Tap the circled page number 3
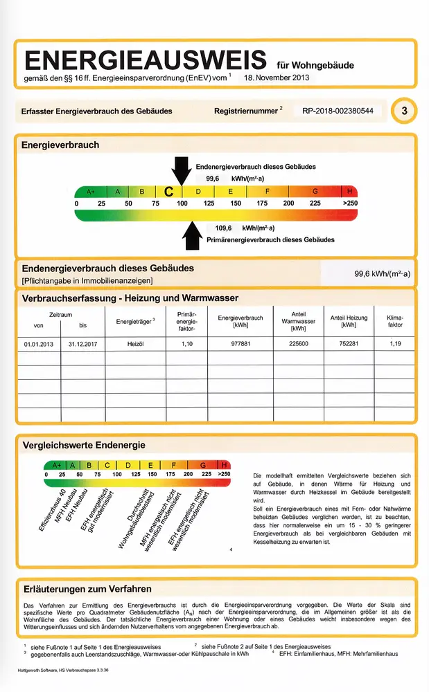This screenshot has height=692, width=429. pos(403,111)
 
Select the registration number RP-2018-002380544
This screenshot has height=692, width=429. pos(338,111)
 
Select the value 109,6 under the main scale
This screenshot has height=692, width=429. pos(222,228)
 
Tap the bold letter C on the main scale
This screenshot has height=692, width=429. pos(168,192)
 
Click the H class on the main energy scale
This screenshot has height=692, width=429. pos(350,191)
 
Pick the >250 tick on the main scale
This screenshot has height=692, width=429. pos(350,203)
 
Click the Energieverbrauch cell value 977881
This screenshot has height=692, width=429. pos(240,343)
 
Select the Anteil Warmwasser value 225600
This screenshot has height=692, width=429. pos(299,343)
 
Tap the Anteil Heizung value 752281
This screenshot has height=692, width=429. pos(348,343)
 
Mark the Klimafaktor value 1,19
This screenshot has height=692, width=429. pos(395,343)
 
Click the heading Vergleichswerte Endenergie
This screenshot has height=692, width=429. pos(84,445)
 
